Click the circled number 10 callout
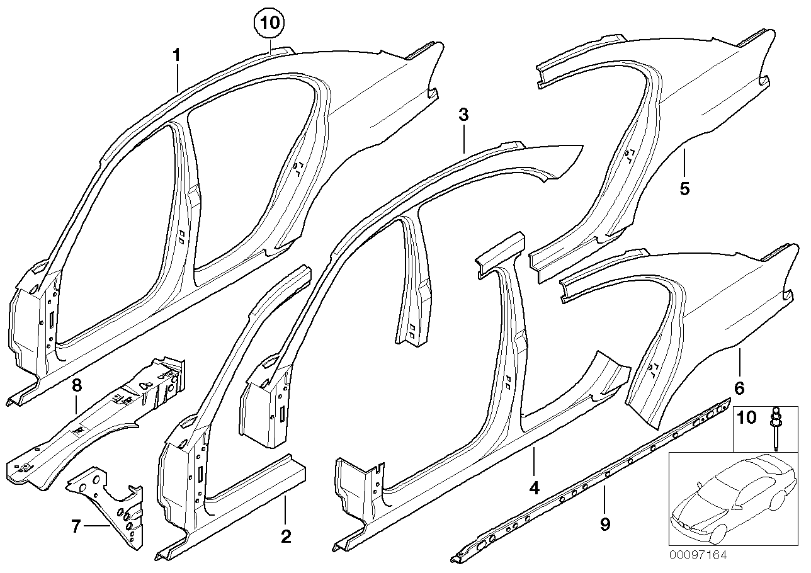(x=269, y=24)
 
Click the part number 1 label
(x=177, y=56)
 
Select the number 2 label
(x=285, y=536)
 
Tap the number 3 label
(x=463, y=115)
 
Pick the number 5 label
(x=684, y=188)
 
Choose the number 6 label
(x=739, y=387)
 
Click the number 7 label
(x=76, y=526)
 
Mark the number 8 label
(x=76, y=384)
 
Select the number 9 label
(x=604, y=524)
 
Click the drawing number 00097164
(x=699, y=555)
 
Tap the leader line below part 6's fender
(x=739, y=361)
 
